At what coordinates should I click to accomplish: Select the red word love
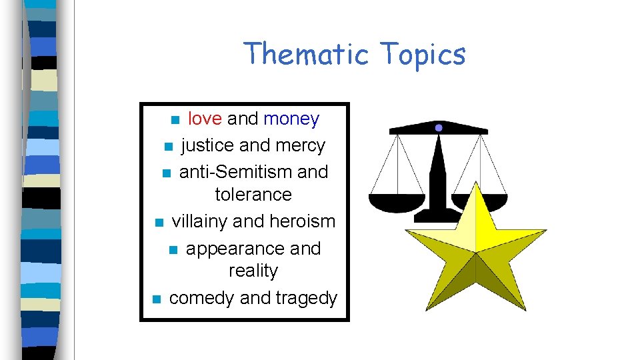click(205, 119)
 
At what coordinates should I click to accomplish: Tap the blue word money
click(291, 119)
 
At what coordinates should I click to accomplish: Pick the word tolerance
click(253, 195)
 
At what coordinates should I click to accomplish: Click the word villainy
click(205, 221)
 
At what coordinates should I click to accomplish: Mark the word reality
click(253, 271)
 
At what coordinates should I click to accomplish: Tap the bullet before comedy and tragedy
click(155, 299)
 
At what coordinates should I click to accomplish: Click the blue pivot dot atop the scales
click(439, 127)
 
